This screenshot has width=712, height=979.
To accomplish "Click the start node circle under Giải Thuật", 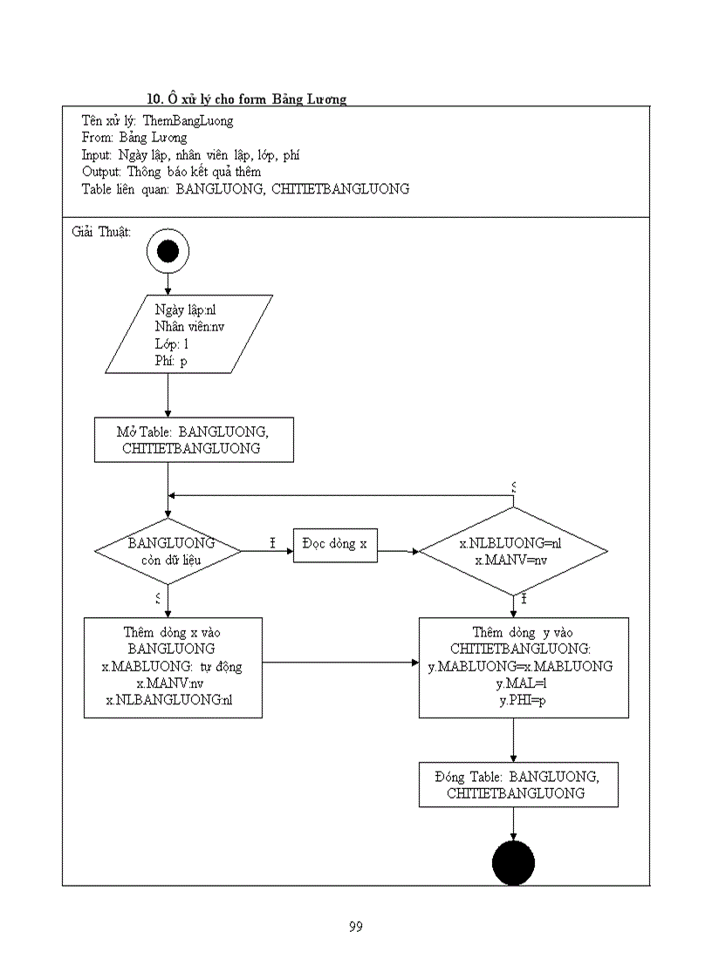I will [168, 252].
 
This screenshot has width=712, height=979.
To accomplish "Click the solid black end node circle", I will [513, 864].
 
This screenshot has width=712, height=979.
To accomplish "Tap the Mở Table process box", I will [194, 439].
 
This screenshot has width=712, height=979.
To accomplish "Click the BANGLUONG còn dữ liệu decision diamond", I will [167, 552].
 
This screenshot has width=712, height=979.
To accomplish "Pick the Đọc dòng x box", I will [335, 544].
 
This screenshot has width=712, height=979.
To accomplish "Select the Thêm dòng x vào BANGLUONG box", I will [173, 667].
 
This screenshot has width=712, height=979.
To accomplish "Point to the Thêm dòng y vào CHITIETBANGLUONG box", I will [524, 667].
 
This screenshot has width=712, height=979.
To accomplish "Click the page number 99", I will [355, 927].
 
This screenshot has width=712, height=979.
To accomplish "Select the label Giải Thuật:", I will [100, 232].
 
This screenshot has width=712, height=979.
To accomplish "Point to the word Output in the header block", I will [100, 172].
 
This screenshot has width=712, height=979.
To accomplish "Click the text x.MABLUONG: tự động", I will [172, 667].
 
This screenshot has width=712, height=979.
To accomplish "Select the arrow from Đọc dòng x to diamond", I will [398, 551].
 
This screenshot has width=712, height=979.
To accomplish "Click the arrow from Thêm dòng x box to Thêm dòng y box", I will [340, 663].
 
